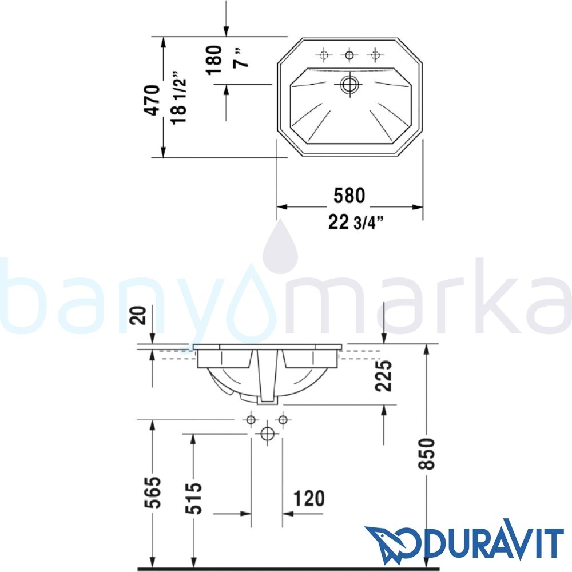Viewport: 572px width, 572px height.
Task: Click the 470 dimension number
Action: tap(152, 100)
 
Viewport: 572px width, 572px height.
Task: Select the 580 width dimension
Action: tap(349, 196)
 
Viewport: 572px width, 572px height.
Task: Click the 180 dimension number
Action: tap(213, 59)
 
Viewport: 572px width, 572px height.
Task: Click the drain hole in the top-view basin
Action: tap(348, 85)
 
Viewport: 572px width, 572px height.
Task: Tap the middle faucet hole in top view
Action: tap(348, 55)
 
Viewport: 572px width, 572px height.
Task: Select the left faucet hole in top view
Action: tap(324, 55)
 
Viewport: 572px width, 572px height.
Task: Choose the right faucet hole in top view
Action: tap(375, 55)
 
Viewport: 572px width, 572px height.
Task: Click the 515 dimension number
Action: tap(195, 498)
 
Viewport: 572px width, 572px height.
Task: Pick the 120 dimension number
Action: tap(309, 499)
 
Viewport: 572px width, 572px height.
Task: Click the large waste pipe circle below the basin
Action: tap(267, 434)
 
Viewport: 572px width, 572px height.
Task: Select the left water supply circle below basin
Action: tap(251, 420)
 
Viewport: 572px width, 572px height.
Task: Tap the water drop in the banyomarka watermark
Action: tap(280, 252)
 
